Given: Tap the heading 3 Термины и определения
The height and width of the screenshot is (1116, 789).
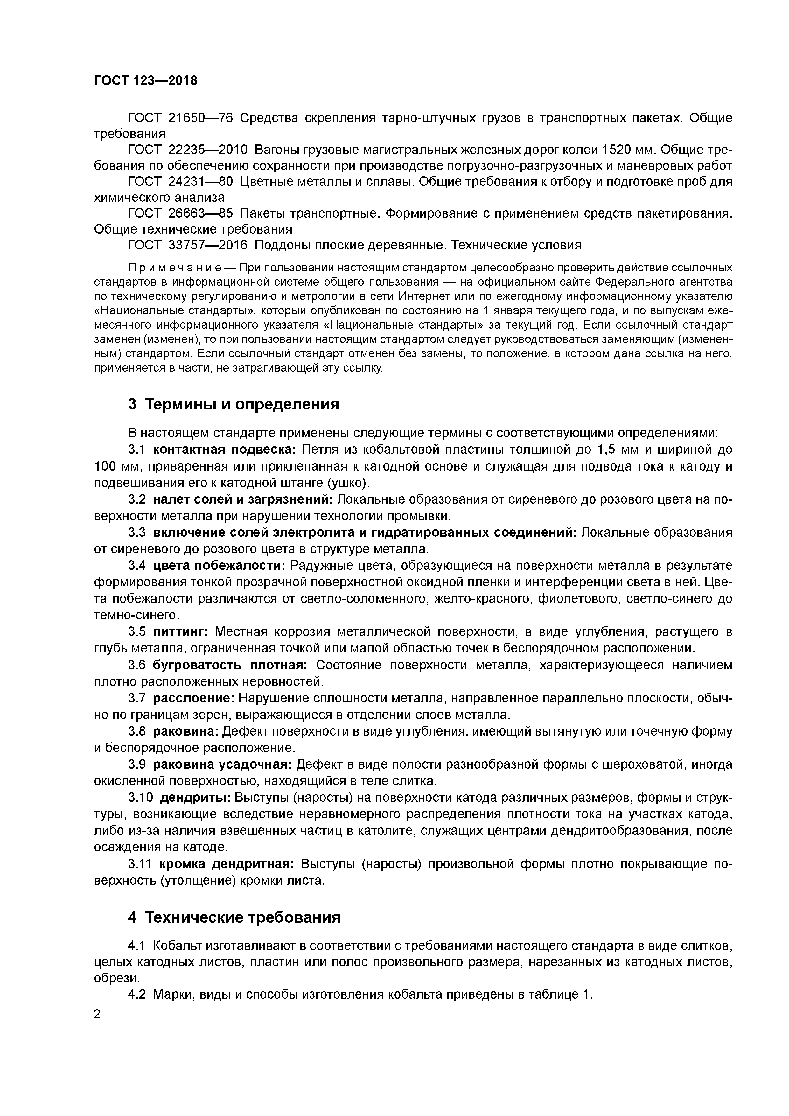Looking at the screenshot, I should click(233, 404).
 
